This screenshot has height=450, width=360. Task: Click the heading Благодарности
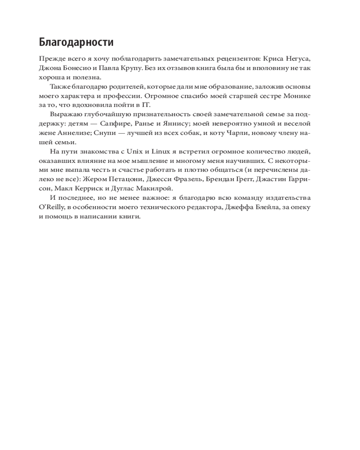[76, 43]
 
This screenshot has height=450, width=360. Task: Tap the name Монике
[297, 96]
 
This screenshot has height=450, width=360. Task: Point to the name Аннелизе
[74, 133]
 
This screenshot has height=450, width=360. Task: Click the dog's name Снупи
[108, 133]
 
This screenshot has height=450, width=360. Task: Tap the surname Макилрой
[154, 188]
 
